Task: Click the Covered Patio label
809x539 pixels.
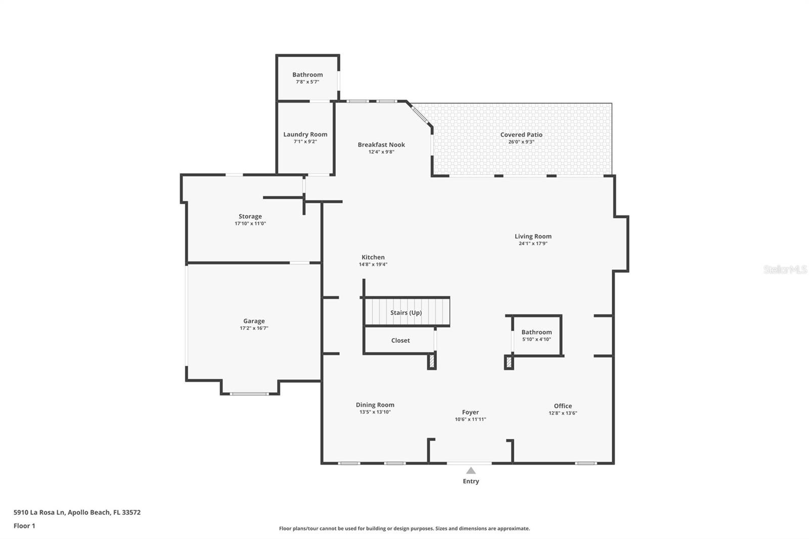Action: [x=521, y=134]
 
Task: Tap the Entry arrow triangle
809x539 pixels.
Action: [x=471, y=471]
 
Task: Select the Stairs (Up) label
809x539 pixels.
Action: [x=406, y=312]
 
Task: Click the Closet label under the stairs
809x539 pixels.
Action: [x=400, y=340]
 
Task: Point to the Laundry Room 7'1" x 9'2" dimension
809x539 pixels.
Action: [x=305, y=142]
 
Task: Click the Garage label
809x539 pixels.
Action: [x=254, y=321]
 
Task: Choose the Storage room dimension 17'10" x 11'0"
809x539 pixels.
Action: [x=250, y=223]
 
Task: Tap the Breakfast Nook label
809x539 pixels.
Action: [x=381, y=145]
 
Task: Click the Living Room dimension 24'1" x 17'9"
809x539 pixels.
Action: [x=533, y=244]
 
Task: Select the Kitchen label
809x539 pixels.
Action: [x=373, y=257]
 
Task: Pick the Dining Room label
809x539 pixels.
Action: [x=375, y=405]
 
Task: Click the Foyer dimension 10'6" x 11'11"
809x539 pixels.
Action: [x=470, y=419]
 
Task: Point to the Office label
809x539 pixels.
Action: [x=563, y=406]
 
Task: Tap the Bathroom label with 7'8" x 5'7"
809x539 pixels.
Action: [x=307, y=74]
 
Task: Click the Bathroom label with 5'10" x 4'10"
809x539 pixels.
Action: [x=536, y=332]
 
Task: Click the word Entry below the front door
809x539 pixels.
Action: [x=471, y=481]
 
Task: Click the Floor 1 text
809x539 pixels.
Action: [x=24, y=526]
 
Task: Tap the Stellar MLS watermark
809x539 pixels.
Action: [x=785, y=269]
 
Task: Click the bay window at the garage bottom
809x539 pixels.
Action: [x=250, y=393]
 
